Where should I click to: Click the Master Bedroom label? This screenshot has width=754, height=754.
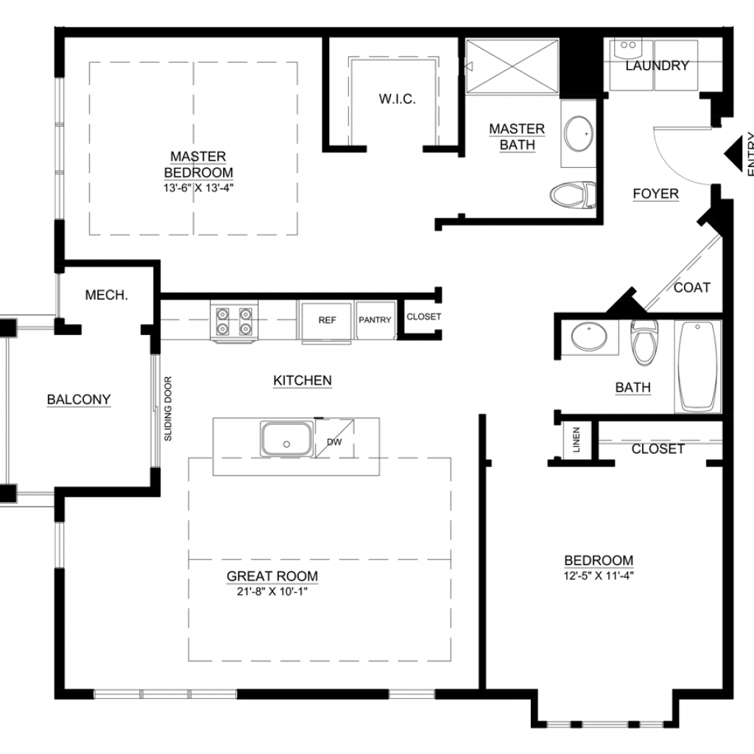[199, 164]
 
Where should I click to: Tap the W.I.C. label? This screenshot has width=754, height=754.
[397, 99]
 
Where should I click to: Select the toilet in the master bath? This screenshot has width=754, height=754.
[573, 194]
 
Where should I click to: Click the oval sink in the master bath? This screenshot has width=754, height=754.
[579, 133]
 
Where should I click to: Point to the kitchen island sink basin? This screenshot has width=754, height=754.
[286, 439]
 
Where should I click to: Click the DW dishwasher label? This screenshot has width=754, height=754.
[334, 442]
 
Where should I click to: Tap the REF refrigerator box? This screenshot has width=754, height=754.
[326, 320]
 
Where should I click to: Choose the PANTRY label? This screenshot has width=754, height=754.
[375, 320]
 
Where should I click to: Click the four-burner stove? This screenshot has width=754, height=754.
[234, 321]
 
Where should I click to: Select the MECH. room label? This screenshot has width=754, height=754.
[106, 295]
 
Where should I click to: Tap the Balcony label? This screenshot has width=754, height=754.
[79, 400]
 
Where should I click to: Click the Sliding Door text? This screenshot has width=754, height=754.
[168, 409]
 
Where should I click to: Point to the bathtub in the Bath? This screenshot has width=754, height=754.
[698, 367]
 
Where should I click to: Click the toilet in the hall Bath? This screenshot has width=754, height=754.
[644, 342]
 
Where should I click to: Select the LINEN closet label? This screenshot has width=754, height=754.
[576, 440]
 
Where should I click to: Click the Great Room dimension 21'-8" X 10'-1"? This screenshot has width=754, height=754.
[272, 591]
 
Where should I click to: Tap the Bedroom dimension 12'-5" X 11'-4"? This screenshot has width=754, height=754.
[599, 576]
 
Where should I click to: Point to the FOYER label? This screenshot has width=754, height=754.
[656, 194]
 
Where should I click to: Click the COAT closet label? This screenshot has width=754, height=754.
[692, 288]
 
